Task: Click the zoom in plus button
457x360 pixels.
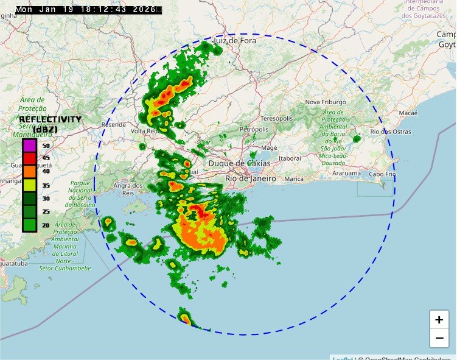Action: click(439, 320)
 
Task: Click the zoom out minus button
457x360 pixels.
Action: click(439, 337)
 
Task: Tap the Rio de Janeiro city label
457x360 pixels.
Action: click(250, 178)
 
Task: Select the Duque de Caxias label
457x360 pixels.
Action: click(235, 163)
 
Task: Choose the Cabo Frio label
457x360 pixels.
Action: click(383, 174)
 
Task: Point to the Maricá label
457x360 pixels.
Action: click(294, 179)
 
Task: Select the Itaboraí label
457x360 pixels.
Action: click(289, 158)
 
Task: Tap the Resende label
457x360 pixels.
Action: click(114, 124)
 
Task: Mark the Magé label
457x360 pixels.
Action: click(268, 147)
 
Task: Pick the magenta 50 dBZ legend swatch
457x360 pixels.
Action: click(29, 146)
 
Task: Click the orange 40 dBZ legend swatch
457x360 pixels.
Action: click(29, 172)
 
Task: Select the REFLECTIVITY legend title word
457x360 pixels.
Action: click(50, 119)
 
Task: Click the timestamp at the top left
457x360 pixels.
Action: click(89, 9)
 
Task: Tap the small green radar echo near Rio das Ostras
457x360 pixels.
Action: click(357, 139)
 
